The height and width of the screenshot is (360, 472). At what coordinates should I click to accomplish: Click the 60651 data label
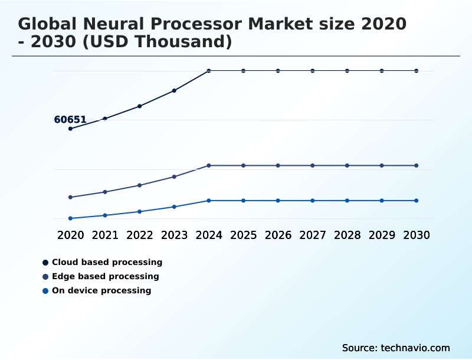click(x=70, y=120)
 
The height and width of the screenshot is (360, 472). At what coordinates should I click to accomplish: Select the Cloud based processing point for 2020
click(x=71, y=129)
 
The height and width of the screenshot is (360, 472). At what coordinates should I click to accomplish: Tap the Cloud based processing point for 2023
click(x=174, y=91)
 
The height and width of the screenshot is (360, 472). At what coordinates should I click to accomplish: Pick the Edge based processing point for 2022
click(x=140, y=185)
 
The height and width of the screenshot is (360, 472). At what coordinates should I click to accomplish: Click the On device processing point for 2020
click(x=71, y=218)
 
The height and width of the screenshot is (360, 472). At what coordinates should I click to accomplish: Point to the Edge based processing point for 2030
click(x=417, y=166)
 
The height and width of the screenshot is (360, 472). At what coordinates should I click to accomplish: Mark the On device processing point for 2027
click(x=313, y=201)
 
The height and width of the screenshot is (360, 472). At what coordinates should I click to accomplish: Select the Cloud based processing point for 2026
click(x=278, y=71)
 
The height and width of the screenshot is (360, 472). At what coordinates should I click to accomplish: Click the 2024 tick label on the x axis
click(x=209, y=235)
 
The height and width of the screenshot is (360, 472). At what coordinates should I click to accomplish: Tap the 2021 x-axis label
click(x=105, y=235)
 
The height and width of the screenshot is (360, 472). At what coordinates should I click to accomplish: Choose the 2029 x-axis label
click(x=382, y=235)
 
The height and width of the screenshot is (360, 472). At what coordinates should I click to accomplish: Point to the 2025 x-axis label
click(x=243, y=235)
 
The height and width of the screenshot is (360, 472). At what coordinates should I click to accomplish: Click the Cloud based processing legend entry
click(x=107, y=262)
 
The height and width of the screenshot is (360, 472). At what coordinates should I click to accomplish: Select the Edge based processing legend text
click(x=105, y=276)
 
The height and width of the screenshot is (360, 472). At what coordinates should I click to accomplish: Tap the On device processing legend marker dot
click(x=45, y=291)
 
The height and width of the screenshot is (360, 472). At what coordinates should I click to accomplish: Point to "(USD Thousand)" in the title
click(x=159, y=42)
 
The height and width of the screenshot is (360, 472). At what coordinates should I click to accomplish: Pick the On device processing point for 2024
click(x=209, y=201)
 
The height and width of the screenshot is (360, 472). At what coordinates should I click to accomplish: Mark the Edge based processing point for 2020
click(x=71, y=197)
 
